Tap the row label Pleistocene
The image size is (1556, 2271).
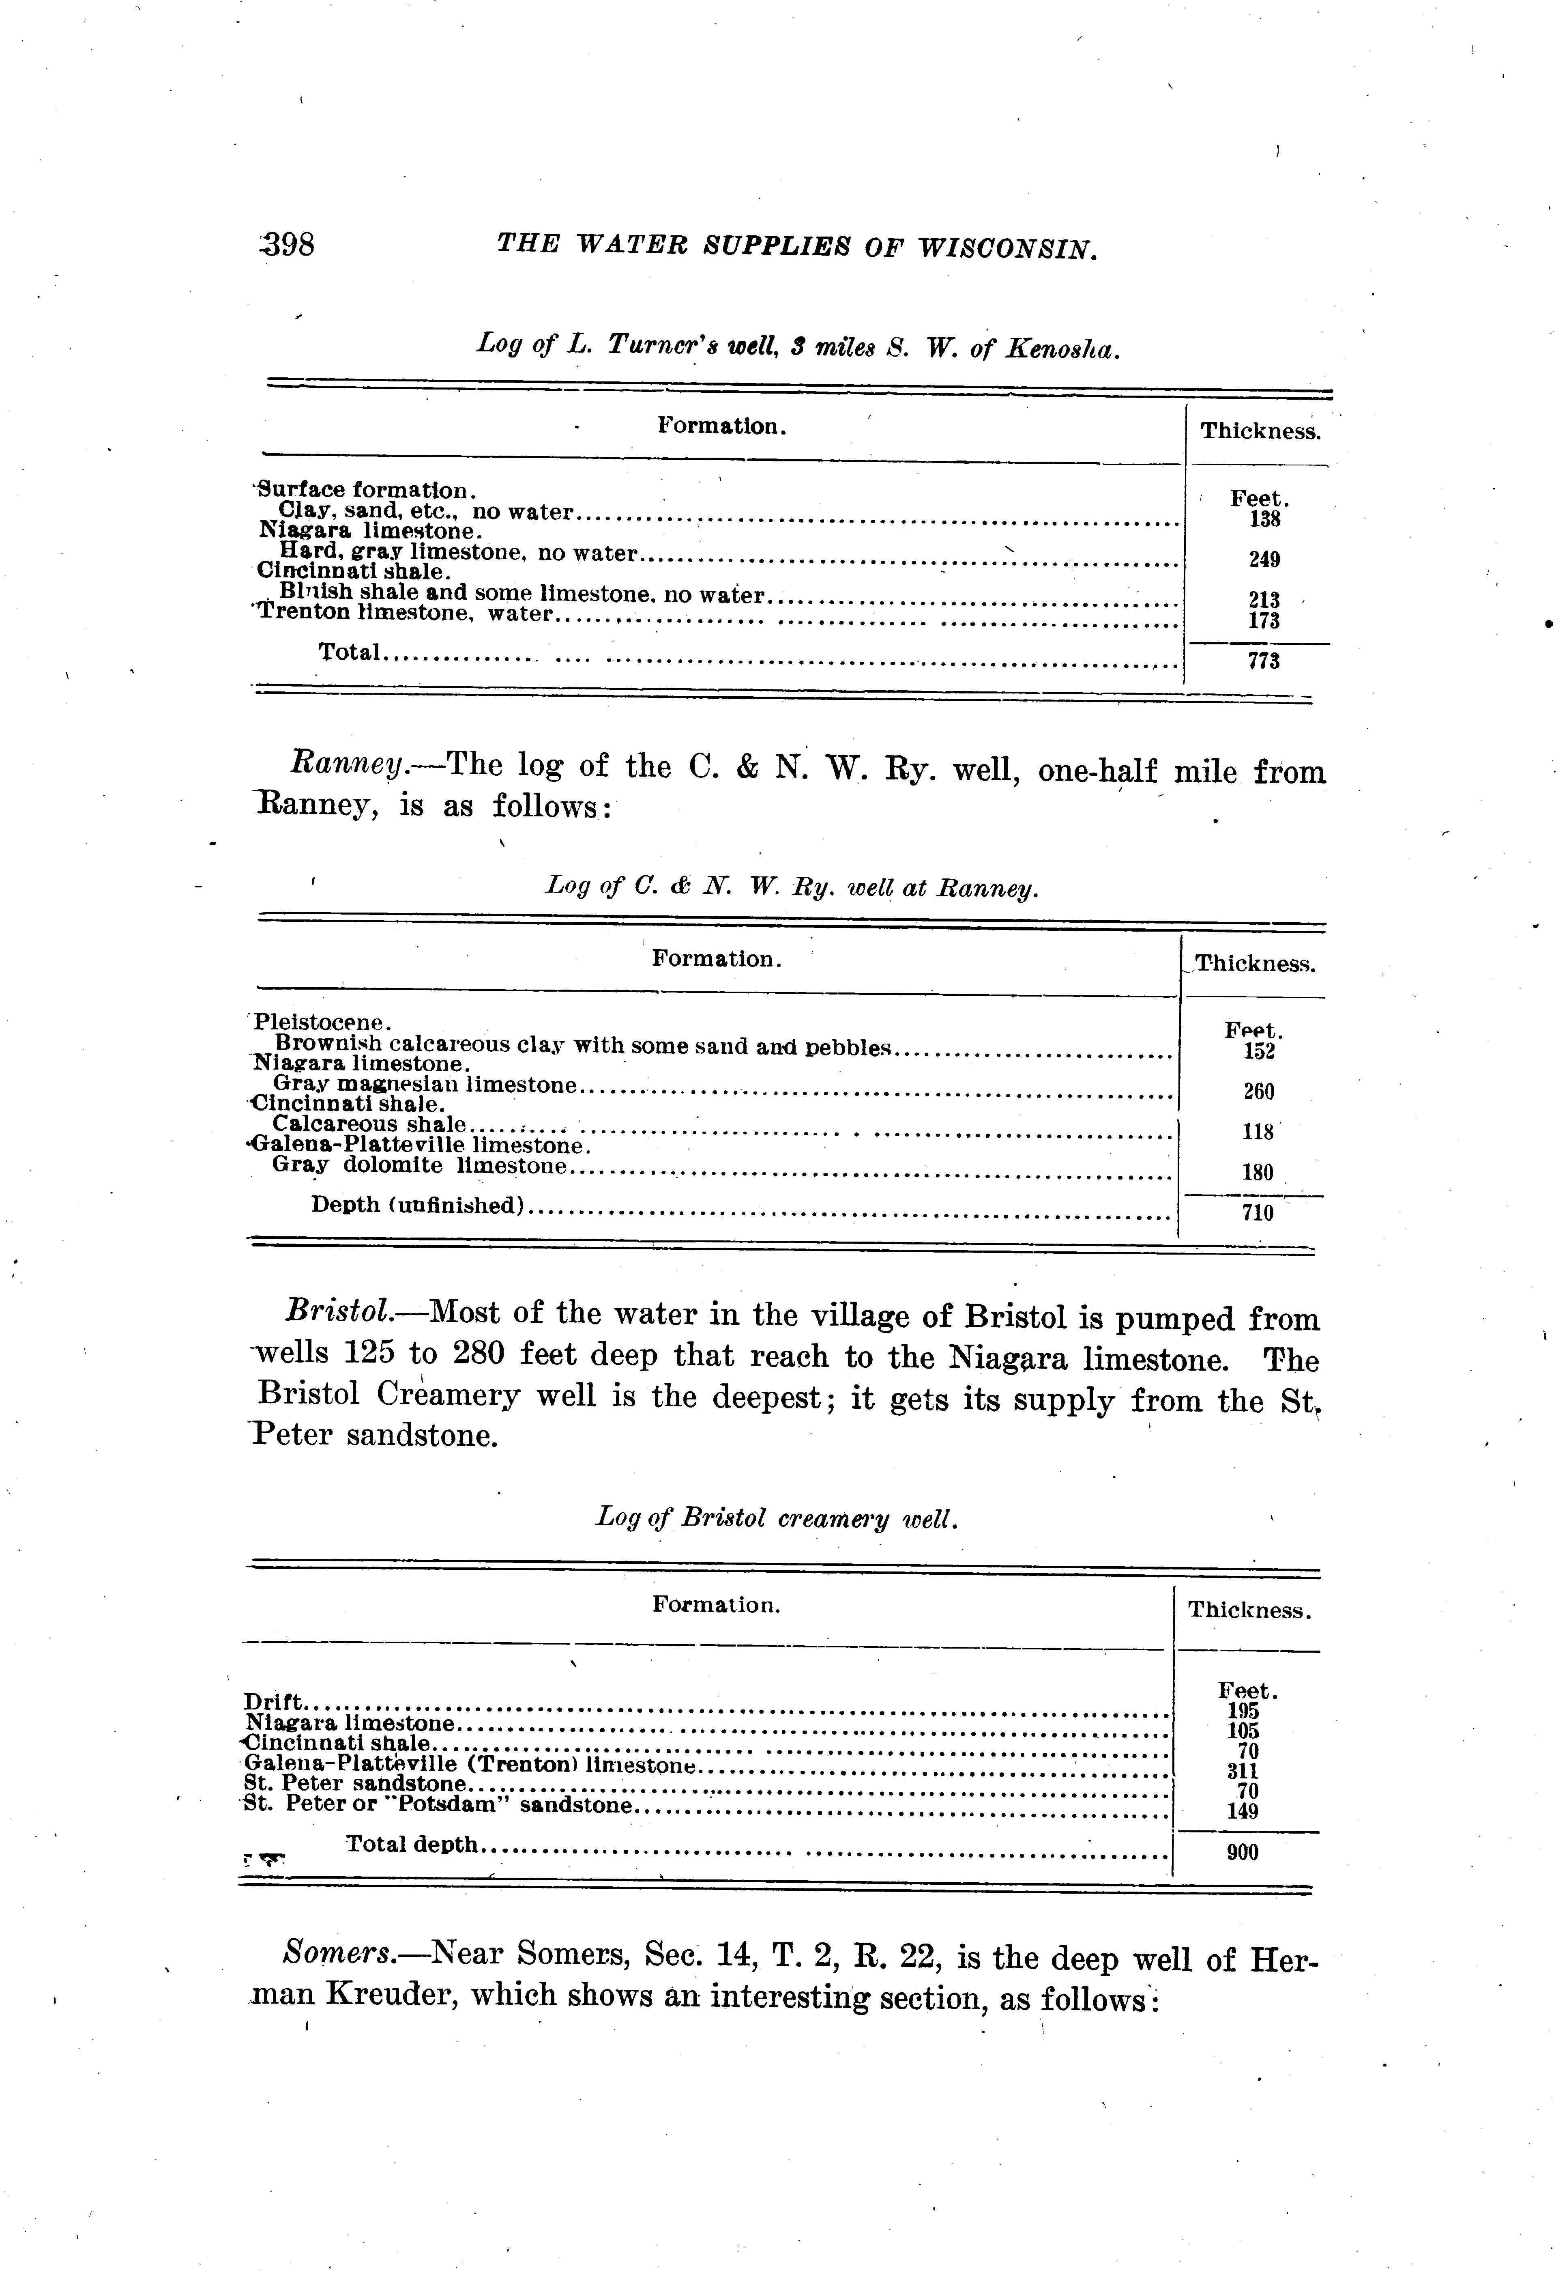point(322,1022)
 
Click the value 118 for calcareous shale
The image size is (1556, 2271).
point(1258,1132)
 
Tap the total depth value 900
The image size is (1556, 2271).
point(1243,1852)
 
